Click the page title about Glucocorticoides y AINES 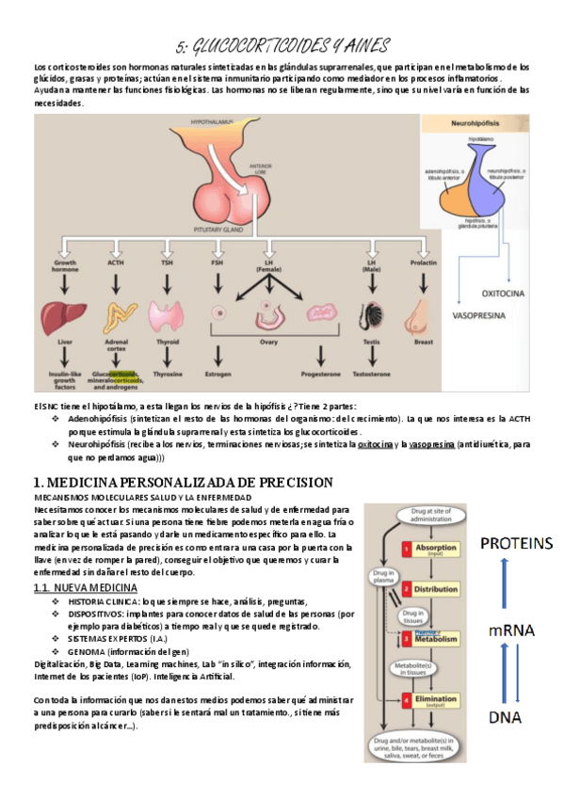282,46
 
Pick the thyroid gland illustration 169,314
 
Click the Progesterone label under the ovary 314,373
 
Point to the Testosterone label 370,373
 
